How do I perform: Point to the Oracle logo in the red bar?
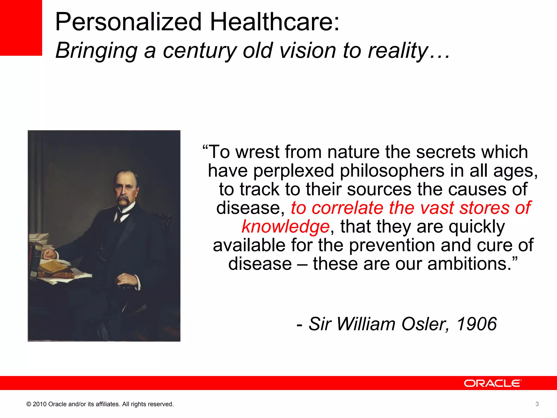pyautogui.click(x=493, y=383)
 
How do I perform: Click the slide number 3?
pyautogui.click(x=537, y=404)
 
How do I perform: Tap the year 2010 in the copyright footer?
pyautogui.click(x=39, y=404)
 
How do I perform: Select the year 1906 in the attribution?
pyautogui.click(x=476, y=324)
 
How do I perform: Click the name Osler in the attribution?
pyautogui.click(x=425, y=324)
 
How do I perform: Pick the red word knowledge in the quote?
pyautogui.click(x=286, y=226)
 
